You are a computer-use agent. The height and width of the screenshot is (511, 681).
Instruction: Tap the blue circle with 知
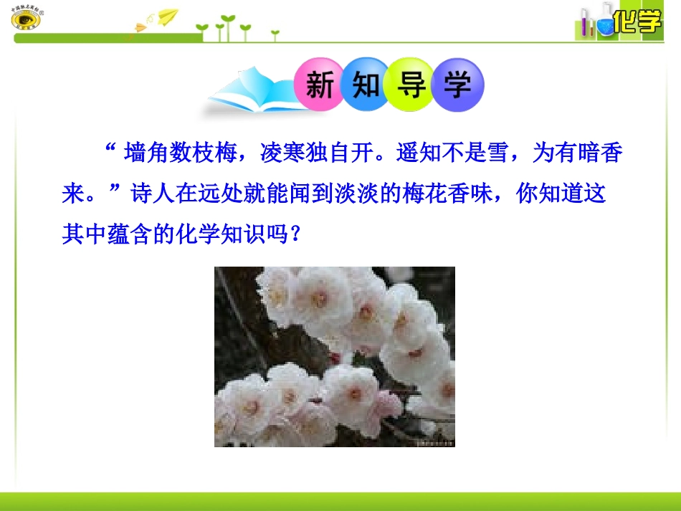click(x=366, y=85)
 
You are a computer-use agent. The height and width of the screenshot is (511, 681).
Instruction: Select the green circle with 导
click(x=411, y=85)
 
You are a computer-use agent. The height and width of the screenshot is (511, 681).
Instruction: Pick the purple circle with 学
click(x=457, y=85)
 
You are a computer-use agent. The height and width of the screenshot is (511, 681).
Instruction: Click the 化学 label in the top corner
click(x=637, y=22)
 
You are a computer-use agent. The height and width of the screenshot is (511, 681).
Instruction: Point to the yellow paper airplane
click(x=167, y=16)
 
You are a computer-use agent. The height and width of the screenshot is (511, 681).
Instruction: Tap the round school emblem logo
click(x=26, y=19)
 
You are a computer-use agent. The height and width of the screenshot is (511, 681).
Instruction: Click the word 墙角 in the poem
click(x=147, y=153)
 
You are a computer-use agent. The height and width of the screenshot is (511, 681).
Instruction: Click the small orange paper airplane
click(x=140, y=29)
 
